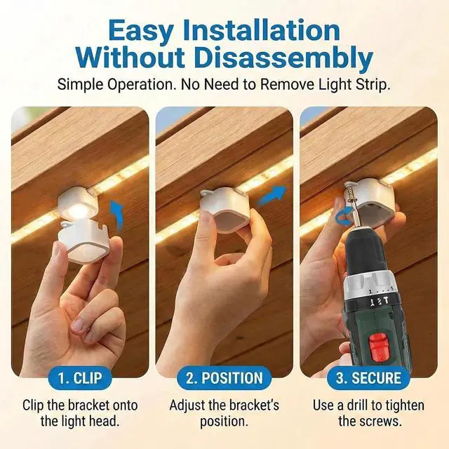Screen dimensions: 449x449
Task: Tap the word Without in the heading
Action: click(130, 57)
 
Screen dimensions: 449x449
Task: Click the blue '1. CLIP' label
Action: click(80, 378)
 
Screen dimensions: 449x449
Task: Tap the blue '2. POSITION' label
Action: click(224, 378)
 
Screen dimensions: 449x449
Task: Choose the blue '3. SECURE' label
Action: click(368, 378)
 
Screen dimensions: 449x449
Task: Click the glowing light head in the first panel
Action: click(77, 205)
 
